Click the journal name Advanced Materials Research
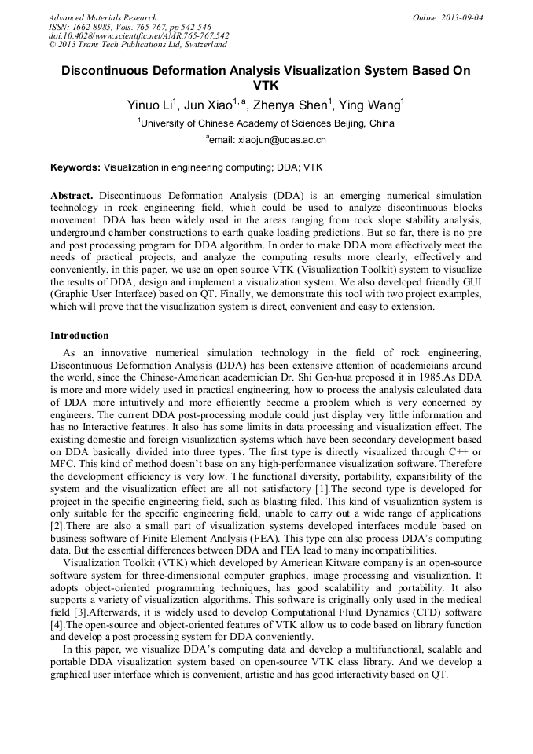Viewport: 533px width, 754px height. click(102, 17)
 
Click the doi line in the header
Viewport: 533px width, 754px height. click(138, 36)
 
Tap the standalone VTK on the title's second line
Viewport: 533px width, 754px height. click(266, 85)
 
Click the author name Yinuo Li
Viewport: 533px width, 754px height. click(150, 105)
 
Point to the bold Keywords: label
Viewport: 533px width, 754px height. click(75, 167)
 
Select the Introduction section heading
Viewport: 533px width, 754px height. click(79, 336)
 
